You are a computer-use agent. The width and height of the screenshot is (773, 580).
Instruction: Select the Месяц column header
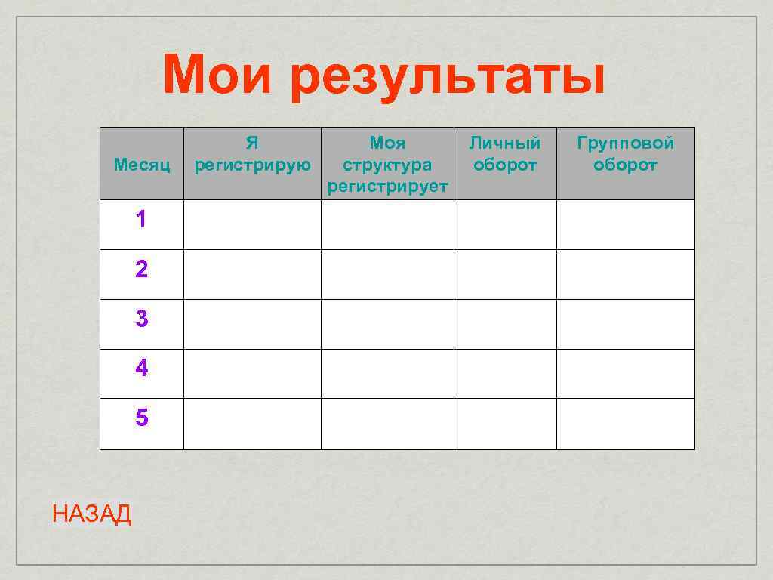coord(142,164)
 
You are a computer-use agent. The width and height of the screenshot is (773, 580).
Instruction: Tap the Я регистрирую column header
coord(252,154)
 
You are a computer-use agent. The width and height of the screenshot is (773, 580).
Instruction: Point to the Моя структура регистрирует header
coord(387,164)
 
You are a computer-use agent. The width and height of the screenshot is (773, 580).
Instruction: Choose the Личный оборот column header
coord(505,154)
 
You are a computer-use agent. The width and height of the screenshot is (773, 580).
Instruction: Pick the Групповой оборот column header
coord(625,154)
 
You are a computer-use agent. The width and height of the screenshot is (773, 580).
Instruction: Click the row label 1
coord(142,221)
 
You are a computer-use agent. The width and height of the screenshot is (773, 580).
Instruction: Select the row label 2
coord(142,270)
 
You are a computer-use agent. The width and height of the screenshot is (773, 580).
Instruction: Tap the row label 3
coord(142,319)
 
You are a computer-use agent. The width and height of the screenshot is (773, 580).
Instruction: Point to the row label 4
coord(142,369)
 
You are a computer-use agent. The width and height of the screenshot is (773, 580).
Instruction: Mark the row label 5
coord(142,418)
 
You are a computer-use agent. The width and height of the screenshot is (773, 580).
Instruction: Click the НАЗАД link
coord(92,515)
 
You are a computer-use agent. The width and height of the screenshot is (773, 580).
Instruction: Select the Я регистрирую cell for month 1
coord(252,224)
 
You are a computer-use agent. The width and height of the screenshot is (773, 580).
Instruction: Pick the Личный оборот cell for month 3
coord(505,324)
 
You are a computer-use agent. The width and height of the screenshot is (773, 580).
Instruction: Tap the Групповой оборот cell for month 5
coord(625,424)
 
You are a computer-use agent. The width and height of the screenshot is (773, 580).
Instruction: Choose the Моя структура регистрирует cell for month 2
coord(387,274)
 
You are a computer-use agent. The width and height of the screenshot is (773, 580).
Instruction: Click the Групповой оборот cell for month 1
coord(625,224)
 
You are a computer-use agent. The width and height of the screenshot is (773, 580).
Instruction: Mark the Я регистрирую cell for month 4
coord(252,374)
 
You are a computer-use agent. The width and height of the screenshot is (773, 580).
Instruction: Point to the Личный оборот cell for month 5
coord(505,424)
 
